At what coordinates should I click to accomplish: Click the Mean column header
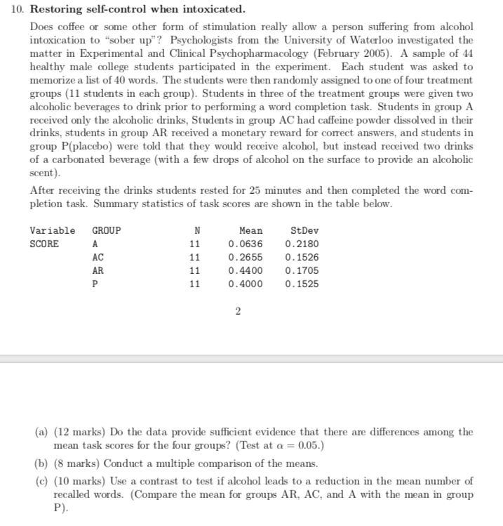(x=250, y=230)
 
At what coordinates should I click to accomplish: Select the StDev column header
(x=304, y=230)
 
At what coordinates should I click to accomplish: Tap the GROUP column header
(x=106, y=230)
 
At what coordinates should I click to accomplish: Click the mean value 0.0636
(x=246, y=244)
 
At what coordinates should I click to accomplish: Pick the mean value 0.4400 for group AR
(x=246, y=270)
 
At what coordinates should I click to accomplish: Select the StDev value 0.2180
(x=302, y=244)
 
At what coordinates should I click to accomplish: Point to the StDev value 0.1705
(x=302, y=270)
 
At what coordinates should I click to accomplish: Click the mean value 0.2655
(x=246, y=257)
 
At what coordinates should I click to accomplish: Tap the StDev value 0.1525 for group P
(x=302, y=284)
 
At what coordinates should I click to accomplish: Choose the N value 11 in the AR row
(x=196, y=270)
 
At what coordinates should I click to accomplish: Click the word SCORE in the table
(x=43, y=244)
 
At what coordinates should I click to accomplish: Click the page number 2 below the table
(x=239, y=312)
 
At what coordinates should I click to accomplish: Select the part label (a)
(x=41, y=432)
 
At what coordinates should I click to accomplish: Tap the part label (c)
(x=41, y=481)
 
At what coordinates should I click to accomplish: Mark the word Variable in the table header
(x=52, y=230)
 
